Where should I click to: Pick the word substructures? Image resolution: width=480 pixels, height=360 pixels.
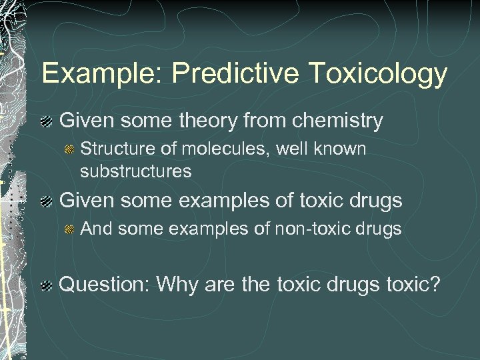[135, 171]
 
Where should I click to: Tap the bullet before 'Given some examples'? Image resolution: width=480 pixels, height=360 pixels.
[47, 200]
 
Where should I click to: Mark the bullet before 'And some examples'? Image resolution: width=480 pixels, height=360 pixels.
[68, 229]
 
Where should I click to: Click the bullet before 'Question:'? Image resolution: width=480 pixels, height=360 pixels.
[47, 286]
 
